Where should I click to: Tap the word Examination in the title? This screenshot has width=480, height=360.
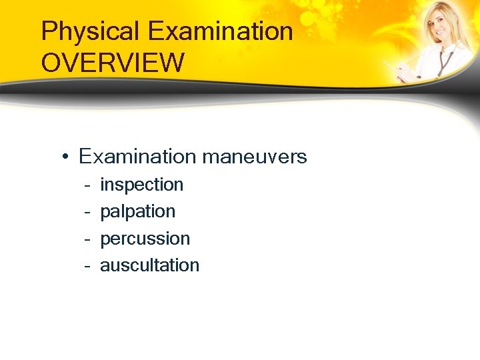pos(221,31)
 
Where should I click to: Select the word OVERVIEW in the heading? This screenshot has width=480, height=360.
pos(112,63)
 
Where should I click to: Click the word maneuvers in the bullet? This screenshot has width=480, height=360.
pos(254,157)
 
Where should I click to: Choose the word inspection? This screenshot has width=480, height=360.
pos(141,185)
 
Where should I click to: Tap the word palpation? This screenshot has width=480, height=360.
pos(137,212)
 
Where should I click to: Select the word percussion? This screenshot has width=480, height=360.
pos(145,239)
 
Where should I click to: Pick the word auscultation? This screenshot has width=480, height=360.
pos(149,265)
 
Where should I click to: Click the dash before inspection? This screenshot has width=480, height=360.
pos(87,185)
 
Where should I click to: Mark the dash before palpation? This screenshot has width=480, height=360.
pos(87,212)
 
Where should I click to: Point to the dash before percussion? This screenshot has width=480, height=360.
pos(87,239)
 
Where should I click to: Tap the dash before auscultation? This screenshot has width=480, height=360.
pos(87,265)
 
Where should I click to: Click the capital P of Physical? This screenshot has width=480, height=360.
pos(49,32)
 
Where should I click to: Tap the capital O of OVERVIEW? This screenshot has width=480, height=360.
pos(51,63)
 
